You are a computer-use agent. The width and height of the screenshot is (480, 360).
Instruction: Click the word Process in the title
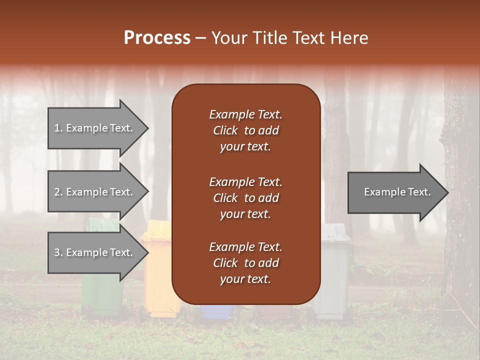click(157, 38)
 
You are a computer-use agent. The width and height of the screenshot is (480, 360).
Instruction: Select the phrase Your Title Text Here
click(289, 38)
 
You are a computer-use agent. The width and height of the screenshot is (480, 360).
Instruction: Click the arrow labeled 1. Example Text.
click(95, 128)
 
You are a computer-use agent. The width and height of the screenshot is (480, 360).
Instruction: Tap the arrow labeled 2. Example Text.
click(95, 192)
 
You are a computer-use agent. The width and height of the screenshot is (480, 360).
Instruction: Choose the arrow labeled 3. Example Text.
click(95, 252)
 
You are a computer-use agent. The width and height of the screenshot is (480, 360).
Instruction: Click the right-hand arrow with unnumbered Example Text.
click(395, 192)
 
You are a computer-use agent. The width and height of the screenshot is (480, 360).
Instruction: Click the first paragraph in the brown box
click(245, 130)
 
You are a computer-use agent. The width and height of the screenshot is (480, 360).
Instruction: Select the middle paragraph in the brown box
click(245, 198)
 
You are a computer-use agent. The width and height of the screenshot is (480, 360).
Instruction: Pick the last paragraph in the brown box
click(245, 263)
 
